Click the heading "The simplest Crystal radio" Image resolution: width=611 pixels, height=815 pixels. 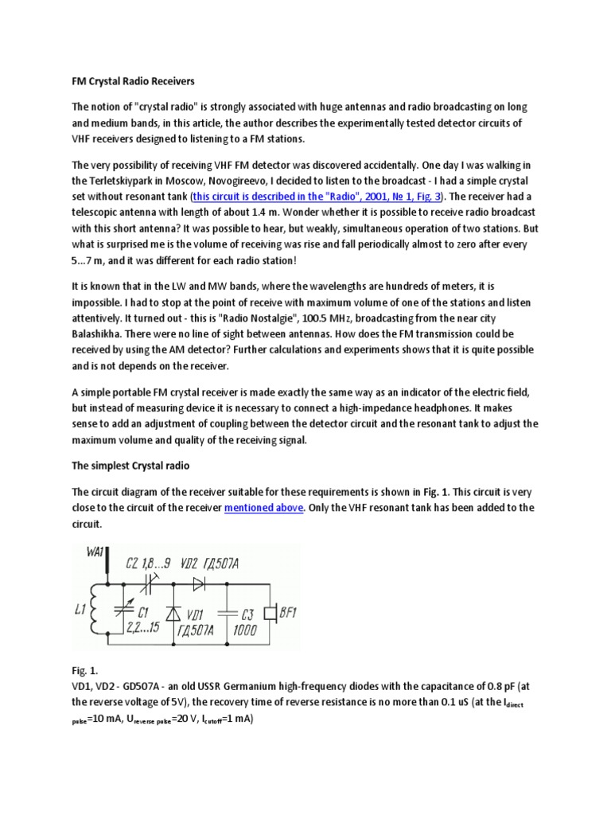(x=131, y=465)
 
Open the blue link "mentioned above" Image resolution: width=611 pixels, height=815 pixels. (x=264, y=507)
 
